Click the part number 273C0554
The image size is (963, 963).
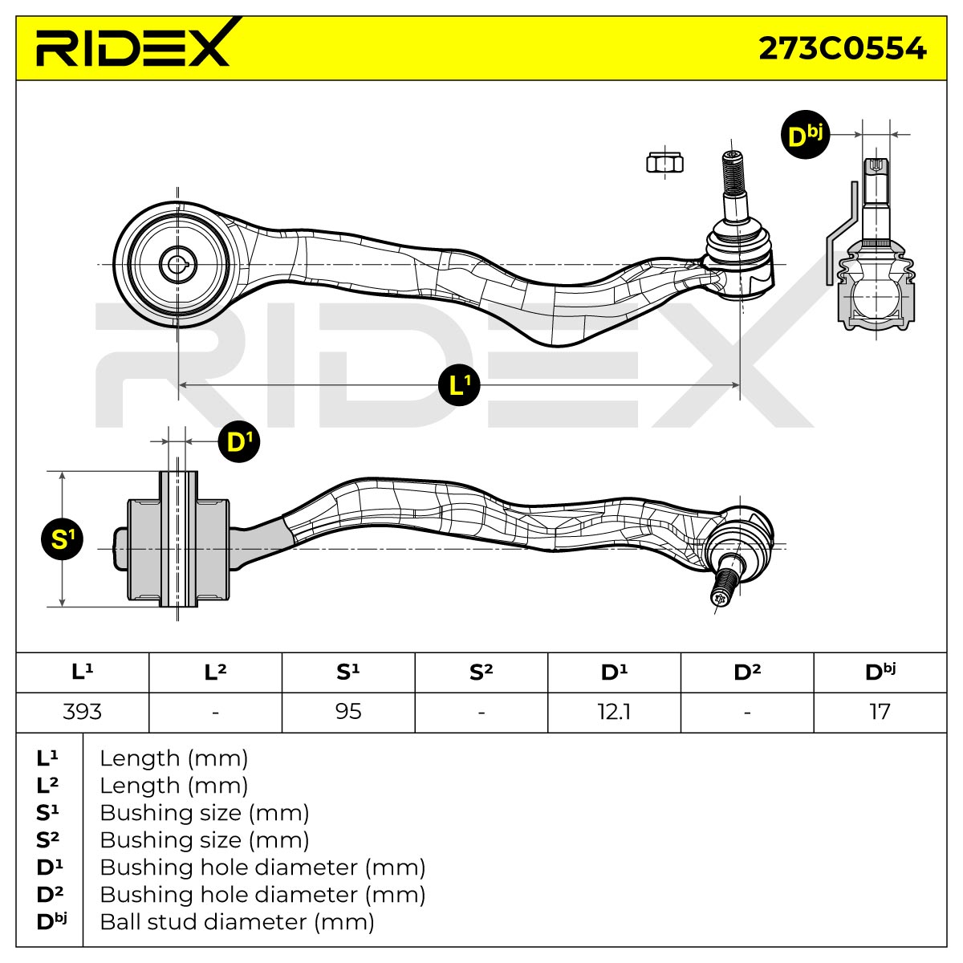[842, 49]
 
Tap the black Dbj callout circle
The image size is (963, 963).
[805, 135]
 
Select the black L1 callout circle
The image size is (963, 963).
[459, 385]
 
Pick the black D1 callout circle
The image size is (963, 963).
[239, 441]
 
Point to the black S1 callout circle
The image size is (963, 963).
[63, 539]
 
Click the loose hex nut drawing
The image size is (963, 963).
[664, 163]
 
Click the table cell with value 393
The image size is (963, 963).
[83, 712]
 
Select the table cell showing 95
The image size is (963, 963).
[348, 712]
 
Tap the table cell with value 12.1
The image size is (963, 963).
[614, 712]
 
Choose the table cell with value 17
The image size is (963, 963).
[880, 712]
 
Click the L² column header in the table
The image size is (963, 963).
[215, 672]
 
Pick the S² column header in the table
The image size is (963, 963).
[481, 672]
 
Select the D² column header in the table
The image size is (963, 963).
[747, 672]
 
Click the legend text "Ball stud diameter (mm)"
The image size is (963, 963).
[237, 922]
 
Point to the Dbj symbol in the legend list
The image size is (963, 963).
[51, 921]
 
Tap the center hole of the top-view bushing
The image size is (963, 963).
[177, 265]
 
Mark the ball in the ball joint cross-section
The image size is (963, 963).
[876, 297]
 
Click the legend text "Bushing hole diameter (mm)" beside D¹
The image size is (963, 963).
[262, 867]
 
